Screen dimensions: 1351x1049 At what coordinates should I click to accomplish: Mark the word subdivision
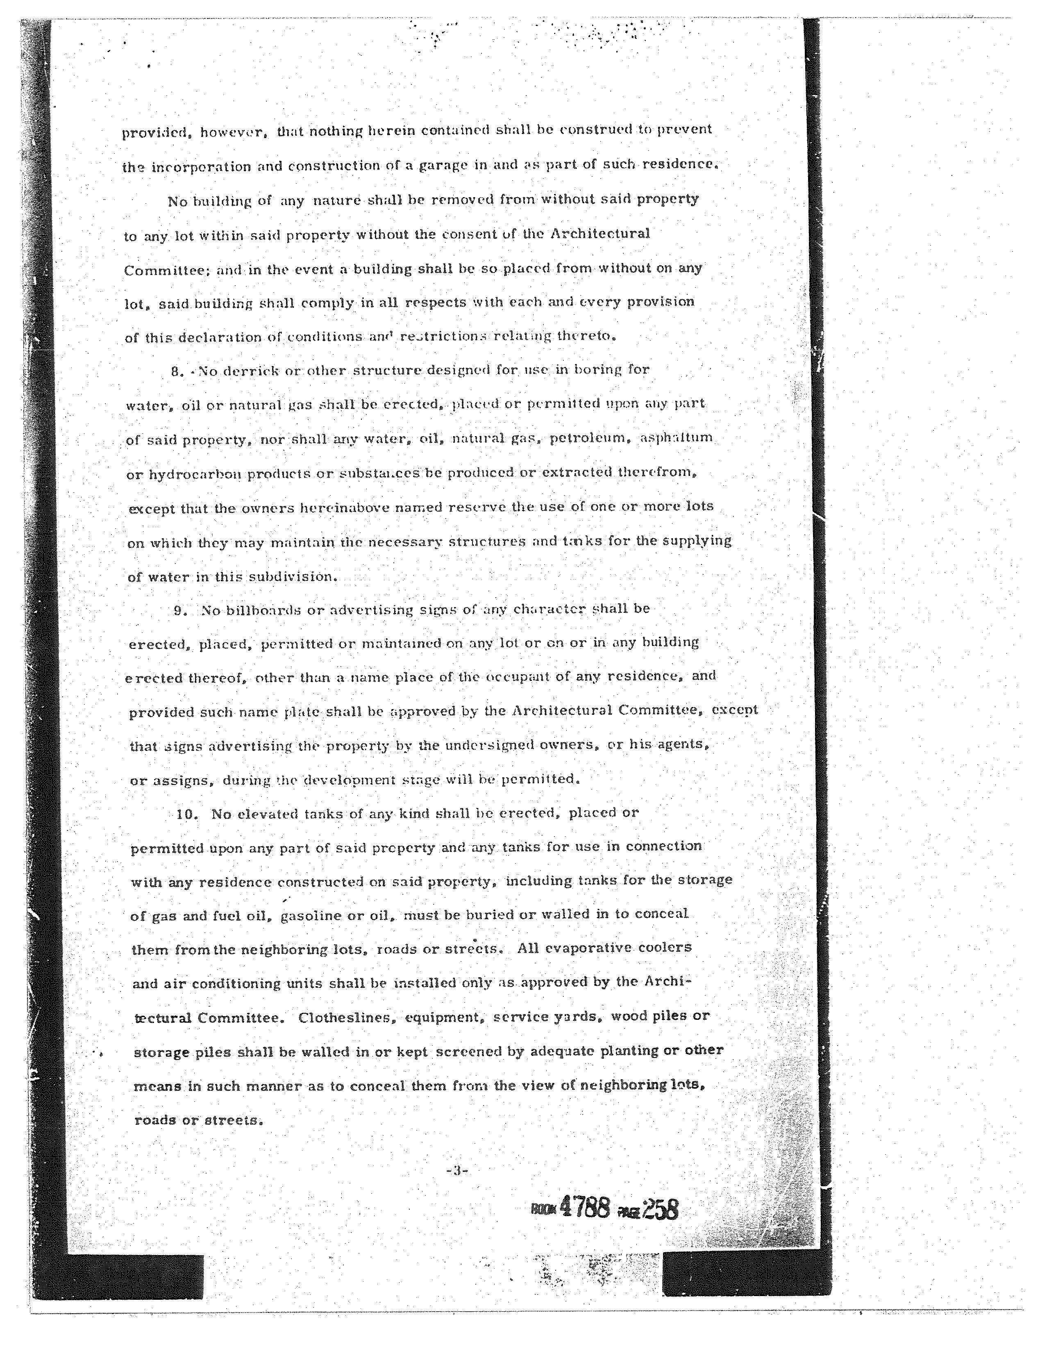point(293,577)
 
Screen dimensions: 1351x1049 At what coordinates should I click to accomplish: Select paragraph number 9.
point(180,611)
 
